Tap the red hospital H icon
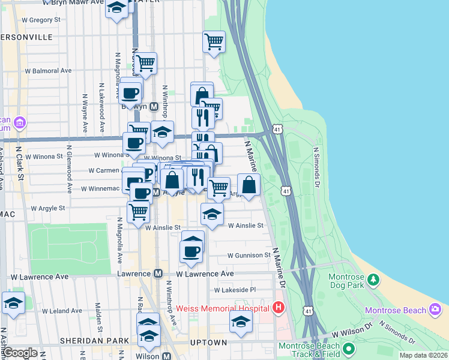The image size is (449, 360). (x=278, y=308)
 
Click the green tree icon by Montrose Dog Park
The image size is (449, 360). (x=373, y=280)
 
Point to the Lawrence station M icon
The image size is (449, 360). (x=158, y=274)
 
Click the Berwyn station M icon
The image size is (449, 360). (x=154, y=106)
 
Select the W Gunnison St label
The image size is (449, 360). (x=249, y=255)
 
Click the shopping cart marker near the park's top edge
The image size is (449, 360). (x=214, y=42)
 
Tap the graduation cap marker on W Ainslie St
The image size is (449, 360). (x=211, y=215)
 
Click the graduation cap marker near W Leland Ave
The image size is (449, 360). (x=13, y=303)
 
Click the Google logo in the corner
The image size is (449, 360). (x=20, y=353)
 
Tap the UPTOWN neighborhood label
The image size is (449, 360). (x=209, y=343)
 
